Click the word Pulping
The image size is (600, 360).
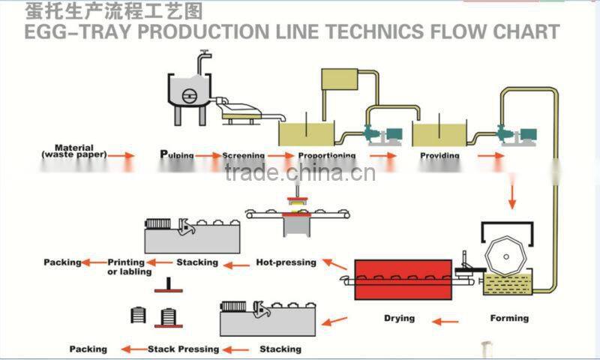(x=177, y=155)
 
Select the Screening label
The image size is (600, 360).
(x=243, y=155)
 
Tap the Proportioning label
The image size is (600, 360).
(x=326, y=155)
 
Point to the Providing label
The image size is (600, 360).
(x=439, y=155)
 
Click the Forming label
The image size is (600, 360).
(x=509, y=318)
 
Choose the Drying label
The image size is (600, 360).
(x=399, y=318)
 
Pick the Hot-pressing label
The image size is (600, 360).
(x=286, y=262)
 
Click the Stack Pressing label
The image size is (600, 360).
(x=183, y=349)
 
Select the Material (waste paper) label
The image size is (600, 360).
(x=74, y=151)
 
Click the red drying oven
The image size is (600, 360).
(x=404, y=279)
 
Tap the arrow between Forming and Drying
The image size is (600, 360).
(x=446, y=322)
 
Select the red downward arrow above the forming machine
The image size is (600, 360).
(x=513, y=196)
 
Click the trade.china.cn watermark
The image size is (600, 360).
(x=300, y=174)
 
